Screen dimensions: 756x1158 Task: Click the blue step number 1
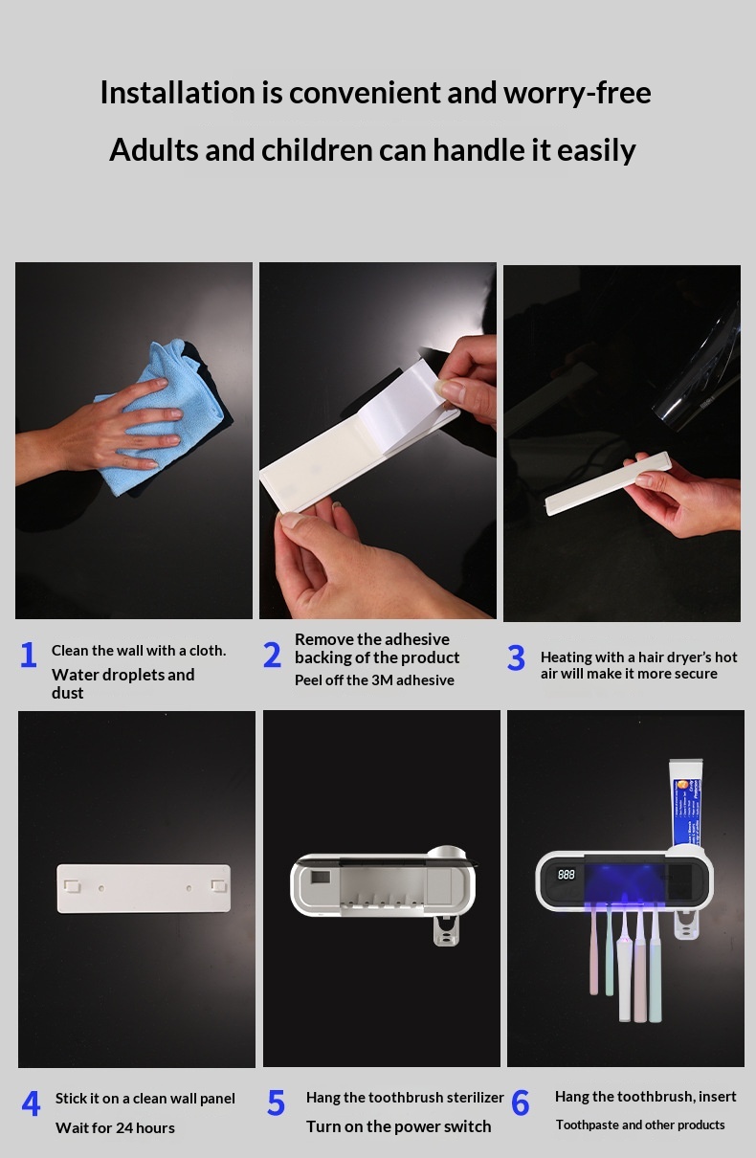tap(29, 655)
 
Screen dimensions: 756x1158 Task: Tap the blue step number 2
tap(272, 655)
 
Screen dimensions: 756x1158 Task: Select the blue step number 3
tap(516, 657)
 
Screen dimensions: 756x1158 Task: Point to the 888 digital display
tap(567, 874)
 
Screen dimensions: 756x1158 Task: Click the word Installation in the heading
tap(177, 93)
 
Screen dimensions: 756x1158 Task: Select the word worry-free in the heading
tap(577, 93)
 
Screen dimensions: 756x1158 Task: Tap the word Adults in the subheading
tap(154, 149)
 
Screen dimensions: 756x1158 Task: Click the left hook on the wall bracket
tap(72, 885)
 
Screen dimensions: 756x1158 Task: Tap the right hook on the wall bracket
tap(219, 885)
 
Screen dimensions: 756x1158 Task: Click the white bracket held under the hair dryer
tap(609, 483)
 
